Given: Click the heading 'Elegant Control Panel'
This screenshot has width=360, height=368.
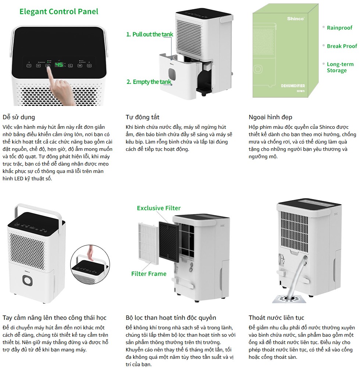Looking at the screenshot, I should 59,11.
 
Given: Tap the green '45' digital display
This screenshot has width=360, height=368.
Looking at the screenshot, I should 59,65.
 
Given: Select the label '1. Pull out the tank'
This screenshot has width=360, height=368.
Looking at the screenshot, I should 150,34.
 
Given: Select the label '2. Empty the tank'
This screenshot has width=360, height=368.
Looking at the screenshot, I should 149,82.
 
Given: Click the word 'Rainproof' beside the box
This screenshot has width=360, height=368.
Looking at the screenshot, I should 339,28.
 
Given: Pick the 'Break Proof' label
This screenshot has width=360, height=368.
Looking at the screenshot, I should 342,46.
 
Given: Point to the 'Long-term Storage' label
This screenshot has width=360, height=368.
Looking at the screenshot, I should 340,67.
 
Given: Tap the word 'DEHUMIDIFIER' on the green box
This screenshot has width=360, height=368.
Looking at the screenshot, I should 293,86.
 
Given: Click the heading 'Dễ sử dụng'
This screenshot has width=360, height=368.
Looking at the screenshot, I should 19,117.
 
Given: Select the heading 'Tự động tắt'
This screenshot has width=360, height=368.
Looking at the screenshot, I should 143,117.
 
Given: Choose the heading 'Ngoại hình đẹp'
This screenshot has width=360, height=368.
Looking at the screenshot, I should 271,117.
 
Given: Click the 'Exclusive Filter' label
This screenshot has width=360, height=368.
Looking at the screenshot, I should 159,208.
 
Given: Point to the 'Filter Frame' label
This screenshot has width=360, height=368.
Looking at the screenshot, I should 149,273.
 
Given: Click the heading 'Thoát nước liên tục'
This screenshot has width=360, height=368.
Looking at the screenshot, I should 276,318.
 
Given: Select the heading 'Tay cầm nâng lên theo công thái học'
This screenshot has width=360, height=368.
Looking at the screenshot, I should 54,318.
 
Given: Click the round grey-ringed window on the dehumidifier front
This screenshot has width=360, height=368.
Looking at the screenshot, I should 28,281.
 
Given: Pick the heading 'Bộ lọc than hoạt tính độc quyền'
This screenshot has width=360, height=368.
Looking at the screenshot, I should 171,318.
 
